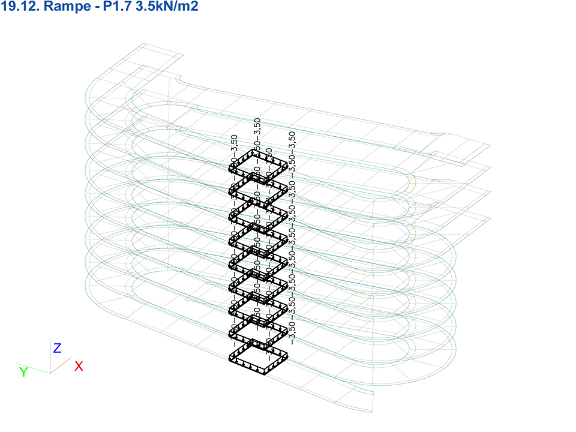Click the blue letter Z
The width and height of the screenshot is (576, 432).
(57, 348)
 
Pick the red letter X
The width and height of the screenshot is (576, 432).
(79, 366)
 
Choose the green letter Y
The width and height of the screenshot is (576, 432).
(23, 373)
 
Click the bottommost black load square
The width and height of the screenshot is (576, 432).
(259, 357)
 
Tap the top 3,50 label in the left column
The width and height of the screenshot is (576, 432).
(235, 145)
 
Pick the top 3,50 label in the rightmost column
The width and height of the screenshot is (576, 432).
(292, 142)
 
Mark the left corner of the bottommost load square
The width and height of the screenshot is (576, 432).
(230, 358)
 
